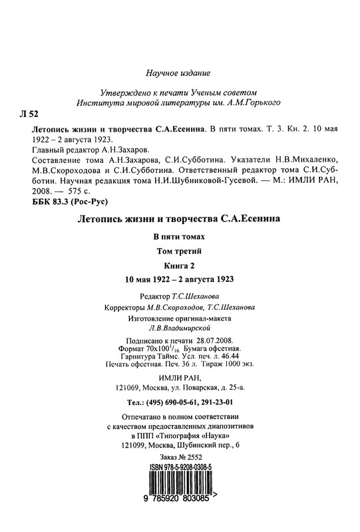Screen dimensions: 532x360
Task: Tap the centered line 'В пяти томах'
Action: coord(179,237)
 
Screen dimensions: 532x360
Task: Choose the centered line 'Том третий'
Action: coord(179,251)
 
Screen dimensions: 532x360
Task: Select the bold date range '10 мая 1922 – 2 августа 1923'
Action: coord(179,280)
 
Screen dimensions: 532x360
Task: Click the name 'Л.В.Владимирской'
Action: coord(179,327)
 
